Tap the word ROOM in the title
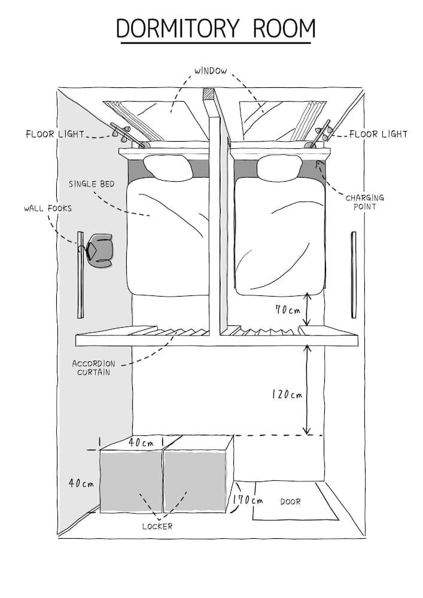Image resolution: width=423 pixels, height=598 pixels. [x=284, y=28]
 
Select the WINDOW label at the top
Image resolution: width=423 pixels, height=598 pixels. [x=210, y=71]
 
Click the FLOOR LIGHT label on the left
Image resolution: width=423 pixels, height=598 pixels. [x=55, y=134]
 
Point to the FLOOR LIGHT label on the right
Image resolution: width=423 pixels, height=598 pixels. [x=379, y=134]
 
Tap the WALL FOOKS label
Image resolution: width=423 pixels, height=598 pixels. [x=48, y=209]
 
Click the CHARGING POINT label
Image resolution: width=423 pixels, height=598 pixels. [x=364, y=202]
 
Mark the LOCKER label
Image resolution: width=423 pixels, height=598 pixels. [x=157, y=526]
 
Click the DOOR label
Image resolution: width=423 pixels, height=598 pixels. [x=291, y=502]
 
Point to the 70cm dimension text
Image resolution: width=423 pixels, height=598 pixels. [x=287, y=310]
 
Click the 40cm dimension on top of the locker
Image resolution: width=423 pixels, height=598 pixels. [x=141, y=443]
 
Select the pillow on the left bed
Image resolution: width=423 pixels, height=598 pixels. [x=169, y=167]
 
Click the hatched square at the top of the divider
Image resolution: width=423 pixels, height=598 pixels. [x=209, y=94]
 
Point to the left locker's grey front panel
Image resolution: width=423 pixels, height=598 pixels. [x=132, y=481]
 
